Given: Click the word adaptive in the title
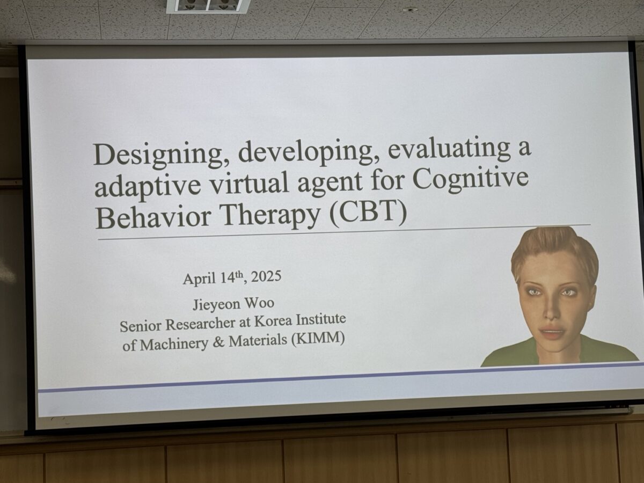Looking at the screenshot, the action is [148, 187].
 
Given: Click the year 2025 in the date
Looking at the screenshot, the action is [266, 276].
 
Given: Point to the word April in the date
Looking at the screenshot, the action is [200, 279].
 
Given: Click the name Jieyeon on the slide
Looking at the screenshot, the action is [216, 304].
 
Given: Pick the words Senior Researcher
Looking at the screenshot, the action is [178, 325].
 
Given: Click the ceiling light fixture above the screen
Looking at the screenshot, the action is [208, 5].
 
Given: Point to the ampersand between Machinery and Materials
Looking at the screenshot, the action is [218, 342].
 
